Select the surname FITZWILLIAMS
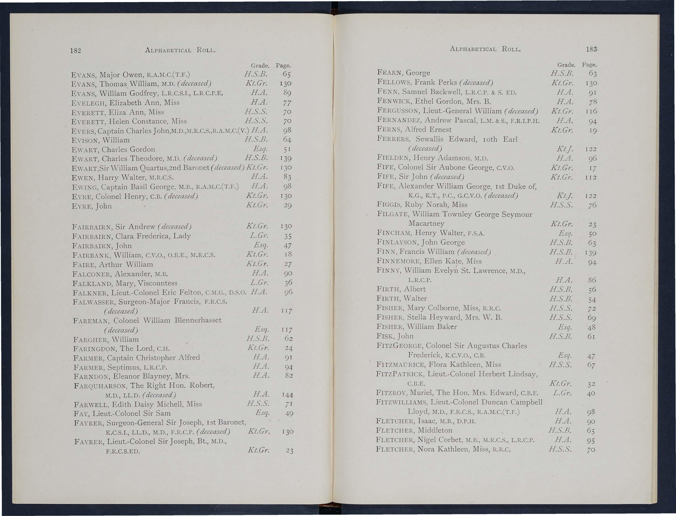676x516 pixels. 401,402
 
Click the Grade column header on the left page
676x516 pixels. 260,65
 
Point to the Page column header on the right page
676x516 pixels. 589,65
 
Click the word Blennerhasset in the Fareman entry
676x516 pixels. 198,320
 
